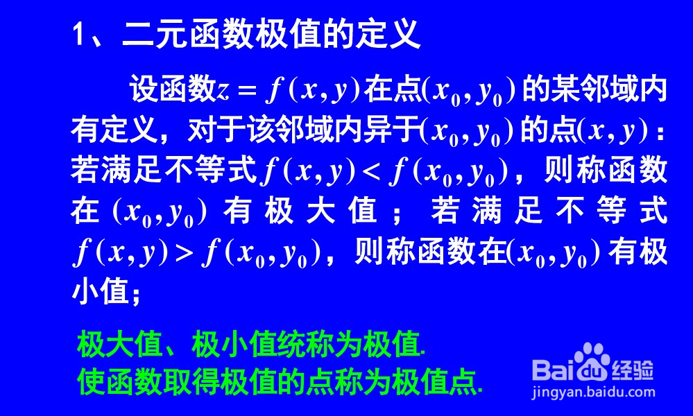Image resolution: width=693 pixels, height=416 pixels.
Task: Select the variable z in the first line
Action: click(222, 91)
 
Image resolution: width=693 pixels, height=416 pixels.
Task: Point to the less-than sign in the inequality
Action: click(373, 171)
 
